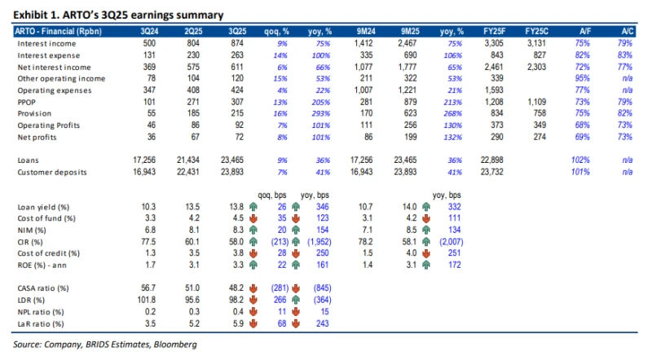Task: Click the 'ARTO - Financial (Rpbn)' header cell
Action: pos(59,30)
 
